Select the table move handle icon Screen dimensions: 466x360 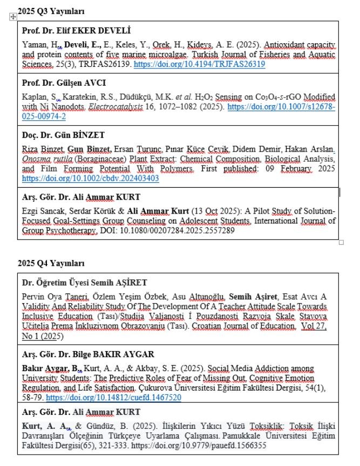pos(12,18)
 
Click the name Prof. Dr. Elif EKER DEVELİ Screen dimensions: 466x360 pos(76,30)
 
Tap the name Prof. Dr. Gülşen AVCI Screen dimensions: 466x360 pos(64,83)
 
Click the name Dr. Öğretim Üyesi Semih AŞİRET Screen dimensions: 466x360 pos(84,283)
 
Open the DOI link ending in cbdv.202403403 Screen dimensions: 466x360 pos(91,178)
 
